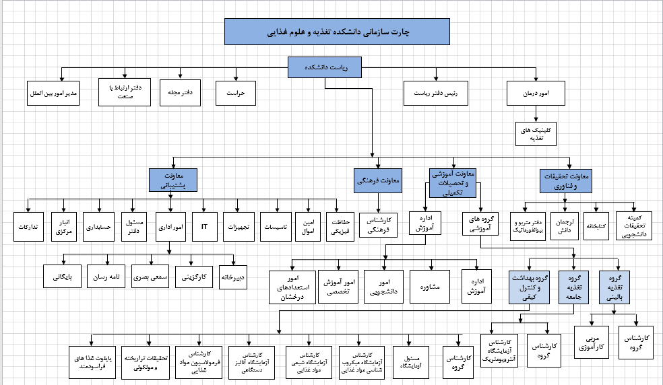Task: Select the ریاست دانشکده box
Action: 324,67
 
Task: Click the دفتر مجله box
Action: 181,93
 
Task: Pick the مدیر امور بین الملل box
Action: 54,93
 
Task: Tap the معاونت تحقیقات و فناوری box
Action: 565,180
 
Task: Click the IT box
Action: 204,227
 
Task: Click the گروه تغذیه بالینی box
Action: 614,287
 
